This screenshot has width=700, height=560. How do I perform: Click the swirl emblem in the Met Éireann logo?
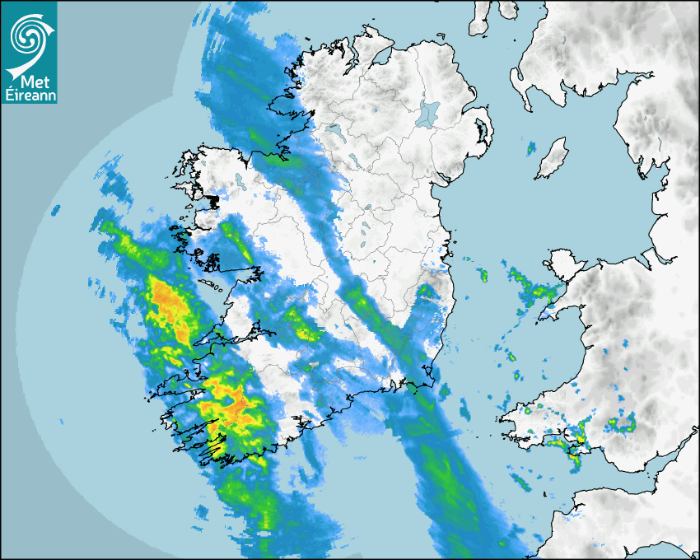(29, 37)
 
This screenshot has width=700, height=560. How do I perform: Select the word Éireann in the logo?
(30, 96)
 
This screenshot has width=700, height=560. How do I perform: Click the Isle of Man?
(551, 158)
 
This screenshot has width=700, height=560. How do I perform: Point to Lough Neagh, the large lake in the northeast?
(427, 114)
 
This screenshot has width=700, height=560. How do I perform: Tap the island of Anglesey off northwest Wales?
(561, 268)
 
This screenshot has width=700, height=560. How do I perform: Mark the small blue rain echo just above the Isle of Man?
(532, 148)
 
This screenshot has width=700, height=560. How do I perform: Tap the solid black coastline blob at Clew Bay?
(212, 199)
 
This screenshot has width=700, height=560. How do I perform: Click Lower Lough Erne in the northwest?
(336, 132)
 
